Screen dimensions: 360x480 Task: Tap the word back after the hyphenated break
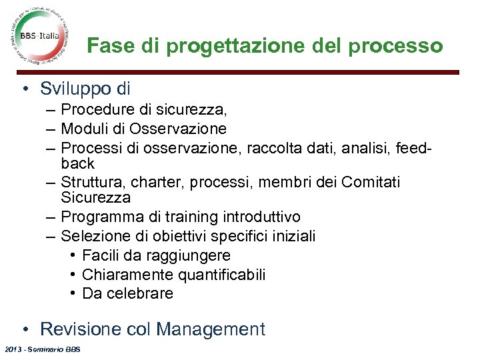[x=78, y=163]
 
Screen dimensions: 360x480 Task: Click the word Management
[x=210, y=329]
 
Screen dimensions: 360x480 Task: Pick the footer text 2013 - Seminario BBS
[x=41, y=350]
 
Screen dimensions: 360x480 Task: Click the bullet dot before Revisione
[x=24, y=329]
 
